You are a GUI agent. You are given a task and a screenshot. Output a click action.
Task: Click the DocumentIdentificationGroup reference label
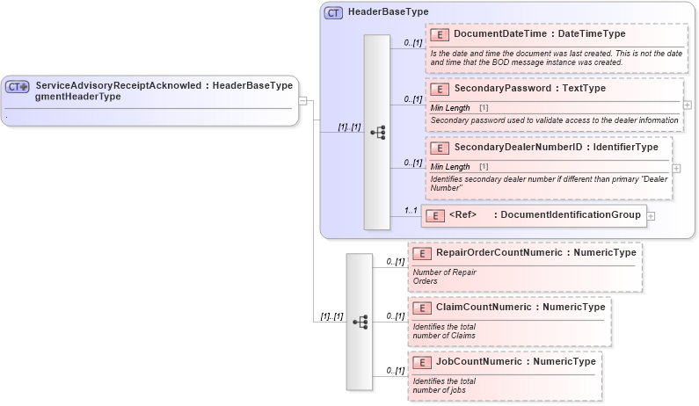(x=569, y=214)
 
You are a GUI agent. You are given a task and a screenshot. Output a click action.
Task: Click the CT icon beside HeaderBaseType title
(x=333, y=13)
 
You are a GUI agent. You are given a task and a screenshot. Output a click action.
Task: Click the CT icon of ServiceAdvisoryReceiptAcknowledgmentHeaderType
(x=18, y=87)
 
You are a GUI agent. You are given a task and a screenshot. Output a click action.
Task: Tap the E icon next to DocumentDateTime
(x=440, y=34)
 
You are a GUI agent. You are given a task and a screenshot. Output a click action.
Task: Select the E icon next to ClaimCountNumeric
(x=422, y=308)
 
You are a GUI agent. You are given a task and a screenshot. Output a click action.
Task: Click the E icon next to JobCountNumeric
(x=422, y=362)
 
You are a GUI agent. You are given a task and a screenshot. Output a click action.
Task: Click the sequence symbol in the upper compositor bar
(x=377, y=133)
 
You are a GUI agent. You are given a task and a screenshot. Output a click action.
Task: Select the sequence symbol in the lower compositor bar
(x=360, y=323)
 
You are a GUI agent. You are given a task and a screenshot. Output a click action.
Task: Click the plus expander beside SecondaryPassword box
(x=687, y=105)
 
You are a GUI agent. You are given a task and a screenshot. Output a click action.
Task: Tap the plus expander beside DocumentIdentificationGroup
(x=651, y=214)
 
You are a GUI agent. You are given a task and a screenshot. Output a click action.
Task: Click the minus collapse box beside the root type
(x=302, y=100)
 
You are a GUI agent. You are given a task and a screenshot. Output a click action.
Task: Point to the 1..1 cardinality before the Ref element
(x=410, y=211)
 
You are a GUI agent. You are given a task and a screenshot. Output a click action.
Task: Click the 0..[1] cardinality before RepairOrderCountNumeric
(x=395, y=262)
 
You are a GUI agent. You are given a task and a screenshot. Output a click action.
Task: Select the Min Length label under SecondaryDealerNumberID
(x=450, y=166)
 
